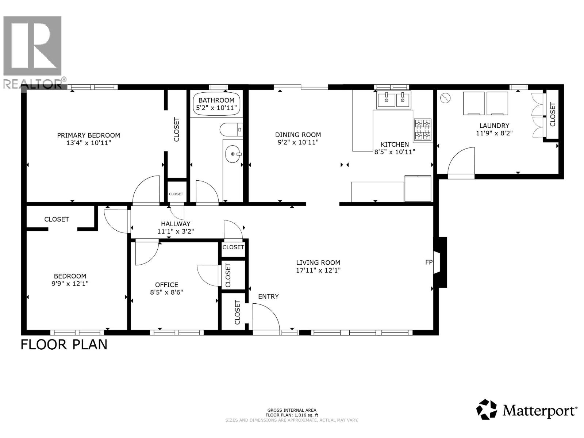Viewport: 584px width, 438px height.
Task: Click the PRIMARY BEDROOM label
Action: pos(88,135)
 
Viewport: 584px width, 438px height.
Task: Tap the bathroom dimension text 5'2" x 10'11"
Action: pos(216,108)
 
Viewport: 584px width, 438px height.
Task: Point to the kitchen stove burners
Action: pos(423,130)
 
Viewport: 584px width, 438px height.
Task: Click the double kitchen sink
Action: pos(394,100)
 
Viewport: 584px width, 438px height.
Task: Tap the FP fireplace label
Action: pos(429,262)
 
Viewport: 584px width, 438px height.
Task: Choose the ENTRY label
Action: pos(268,296)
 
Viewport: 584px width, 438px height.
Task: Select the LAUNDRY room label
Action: pos(494,126)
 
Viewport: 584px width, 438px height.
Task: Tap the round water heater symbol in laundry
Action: pos(446,98)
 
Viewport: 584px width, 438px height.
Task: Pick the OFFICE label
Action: pos(166,285)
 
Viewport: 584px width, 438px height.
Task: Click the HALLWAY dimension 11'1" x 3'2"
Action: pos(176,231)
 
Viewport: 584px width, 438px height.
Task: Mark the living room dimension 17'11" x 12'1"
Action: pos(318,270)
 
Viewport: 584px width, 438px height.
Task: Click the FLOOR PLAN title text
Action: pos(64,345)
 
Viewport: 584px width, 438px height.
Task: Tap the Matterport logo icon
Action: pos(487,410)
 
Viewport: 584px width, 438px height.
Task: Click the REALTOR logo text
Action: pos(33,84)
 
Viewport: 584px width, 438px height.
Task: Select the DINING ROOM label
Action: pos(298,135)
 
